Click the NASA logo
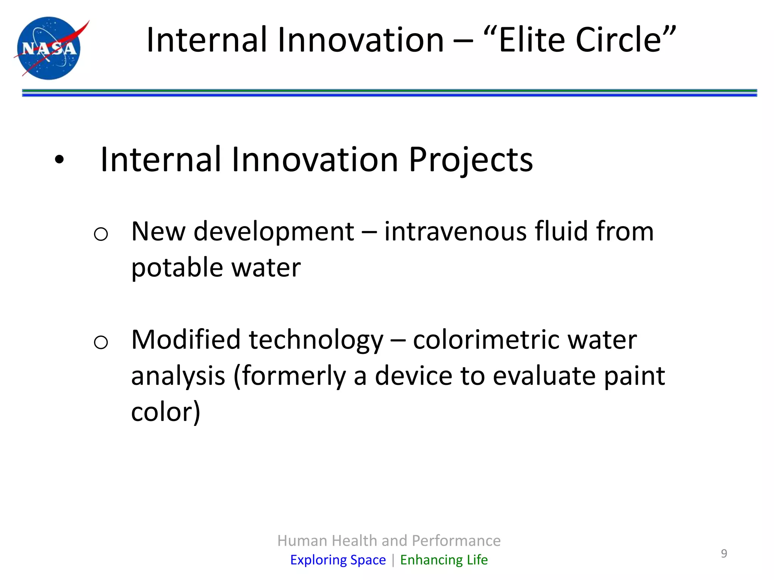(49, 48)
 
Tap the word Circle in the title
(620, 40)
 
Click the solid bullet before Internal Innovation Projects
(59, 160)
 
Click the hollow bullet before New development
(101, 234)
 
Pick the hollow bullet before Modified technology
(101, 342)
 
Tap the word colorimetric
(486, 339)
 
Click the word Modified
(186, 339)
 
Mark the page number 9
(724, 554)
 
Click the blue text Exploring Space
(338, 560)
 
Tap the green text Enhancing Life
(444, 560)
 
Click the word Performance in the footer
(456, 541)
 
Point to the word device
(413, 376)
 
